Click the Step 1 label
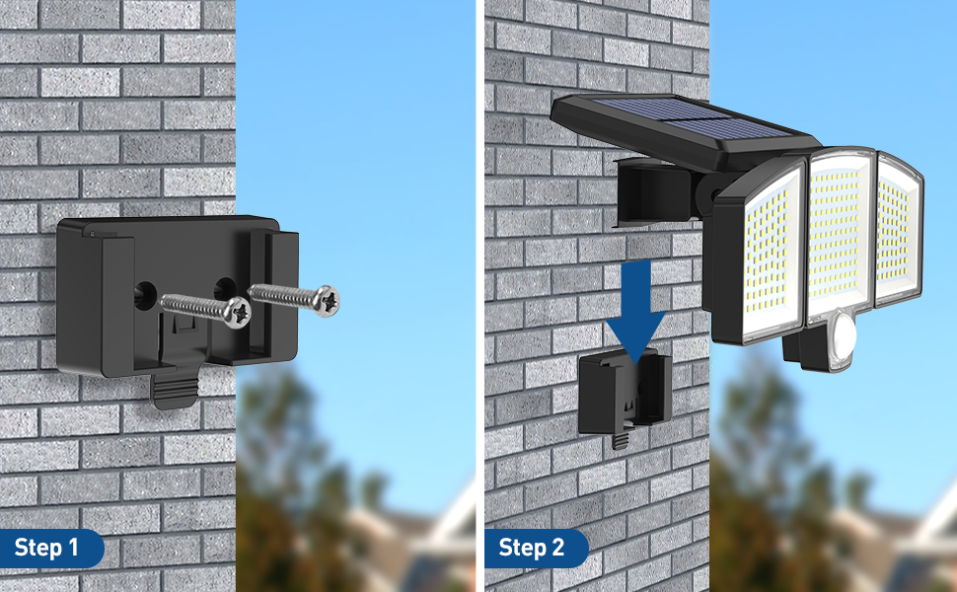(x=46, y=548)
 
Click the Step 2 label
(x=531, y=548)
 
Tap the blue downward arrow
(x=635, y=311)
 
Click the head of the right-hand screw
(x=328, y=301)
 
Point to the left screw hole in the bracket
(x=145, y=291)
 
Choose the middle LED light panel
(x=840, y=236)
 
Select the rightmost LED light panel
(x=900, y=230)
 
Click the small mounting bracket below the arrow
(x=625, y=395)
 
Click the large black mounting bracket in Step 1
(x=176, y=297)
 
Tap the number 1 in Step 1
(x=73, y=548)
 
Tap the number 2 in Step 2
(x=557, y=548)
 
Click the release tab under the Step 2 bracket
(x=621, y=441)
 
